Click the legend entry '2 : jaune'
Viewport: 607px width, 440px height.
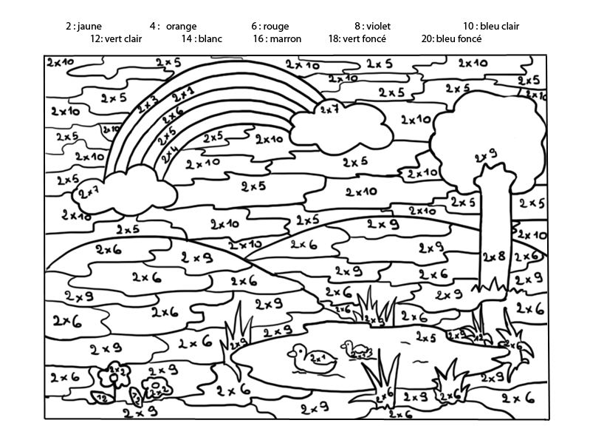(x=83, y=26)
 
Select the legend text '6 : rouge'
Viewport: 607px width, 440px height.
(x=270, y=26)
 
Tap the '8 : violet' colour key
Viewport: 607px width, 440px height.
(x=372, y=26)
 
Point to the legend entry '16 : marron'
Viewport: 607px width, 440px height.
(x=277, y=38)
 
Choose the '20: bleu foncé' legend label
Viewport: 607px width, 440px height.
(x=451, y=38)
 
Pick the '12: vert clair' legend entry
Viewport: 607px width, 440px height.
(x=116, y=38)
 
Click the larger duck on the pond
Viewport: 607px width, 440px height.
(x=311, y=359)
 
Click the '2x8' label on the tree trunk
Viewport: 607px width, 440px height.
(x=493, y=257)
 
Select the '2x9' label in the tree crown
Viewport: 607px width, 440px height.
(x=485, y=156)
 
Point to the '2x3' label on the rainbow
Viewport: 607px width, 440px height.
(x=147, y=104)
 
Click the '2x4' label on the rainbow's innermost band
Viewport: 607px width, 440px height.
(x=171, y=153)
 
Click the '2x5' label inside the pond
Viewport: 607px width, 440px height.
(x=425, y=337)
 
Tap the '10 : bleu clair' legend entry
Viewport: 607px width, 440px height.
(x=491, y=26)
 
